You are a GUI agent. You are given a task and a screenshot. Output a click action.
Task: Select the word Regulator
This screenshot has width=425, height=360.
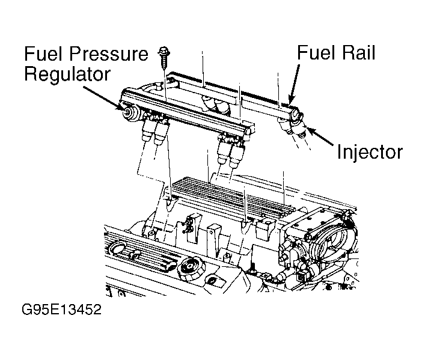(x=67, y=75)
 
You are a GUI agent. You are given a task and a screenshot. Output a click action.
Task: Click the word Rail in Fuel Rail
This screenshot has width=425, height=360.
(x=354, y=53)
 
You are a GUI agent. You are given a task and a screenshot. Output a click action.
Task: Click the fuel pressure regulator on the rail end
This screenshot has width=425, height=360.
(x=128, y=112)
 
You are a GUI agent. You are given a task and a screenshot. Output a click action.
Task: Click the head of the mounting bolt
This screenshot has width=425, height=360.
(x=163, y=50)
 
